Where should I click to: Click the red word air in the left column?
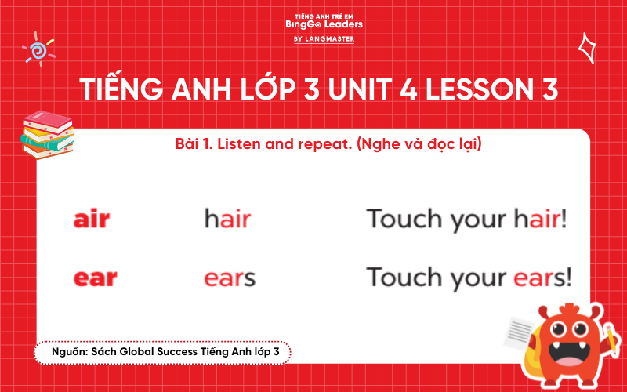92,220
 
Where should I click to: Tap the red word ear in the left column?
95,278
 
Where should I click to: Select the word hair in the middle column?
227,220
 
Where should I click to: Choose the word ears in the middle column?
230,278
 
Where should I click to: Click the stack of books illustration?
47,134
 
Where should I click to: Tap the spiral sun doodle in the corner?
37,49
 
